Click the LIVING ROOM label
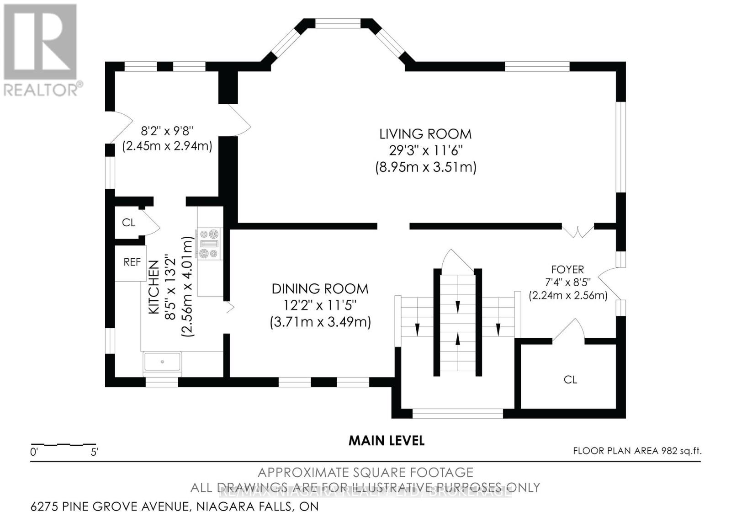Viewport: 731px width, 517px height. pos(425,134)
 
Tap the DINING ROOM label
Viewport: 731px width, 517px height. pos(320,289)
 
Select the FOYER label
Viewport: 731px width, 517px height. pos(567,270)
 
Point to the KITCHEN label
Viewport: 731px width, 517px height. pos(154,287)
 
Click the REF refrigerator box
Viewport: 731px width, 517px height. pos(132,262)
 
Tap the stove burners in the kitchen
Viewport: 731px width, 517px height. pos(210,243)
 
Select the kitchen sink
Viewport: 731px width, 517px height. pos(163,362)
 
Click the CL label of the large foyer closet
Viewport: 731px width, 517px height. pos(570,379)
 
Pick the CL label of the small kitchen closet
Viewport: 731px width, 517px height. pos(128,223)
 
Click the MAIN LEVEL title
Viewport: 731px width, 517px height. pos(387,441)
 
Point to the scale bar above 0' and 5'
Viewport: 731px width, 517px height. pos(64,444)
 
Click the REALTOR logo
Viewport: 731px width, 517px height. pos(41,50)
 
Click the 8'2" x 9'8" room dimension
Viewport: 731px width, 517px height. pos(167,131)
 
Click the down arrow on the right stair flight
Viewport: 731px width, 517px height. pos(498,328)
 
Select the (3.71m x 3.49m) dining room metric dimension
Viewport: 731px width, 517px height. pos(320,322)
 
